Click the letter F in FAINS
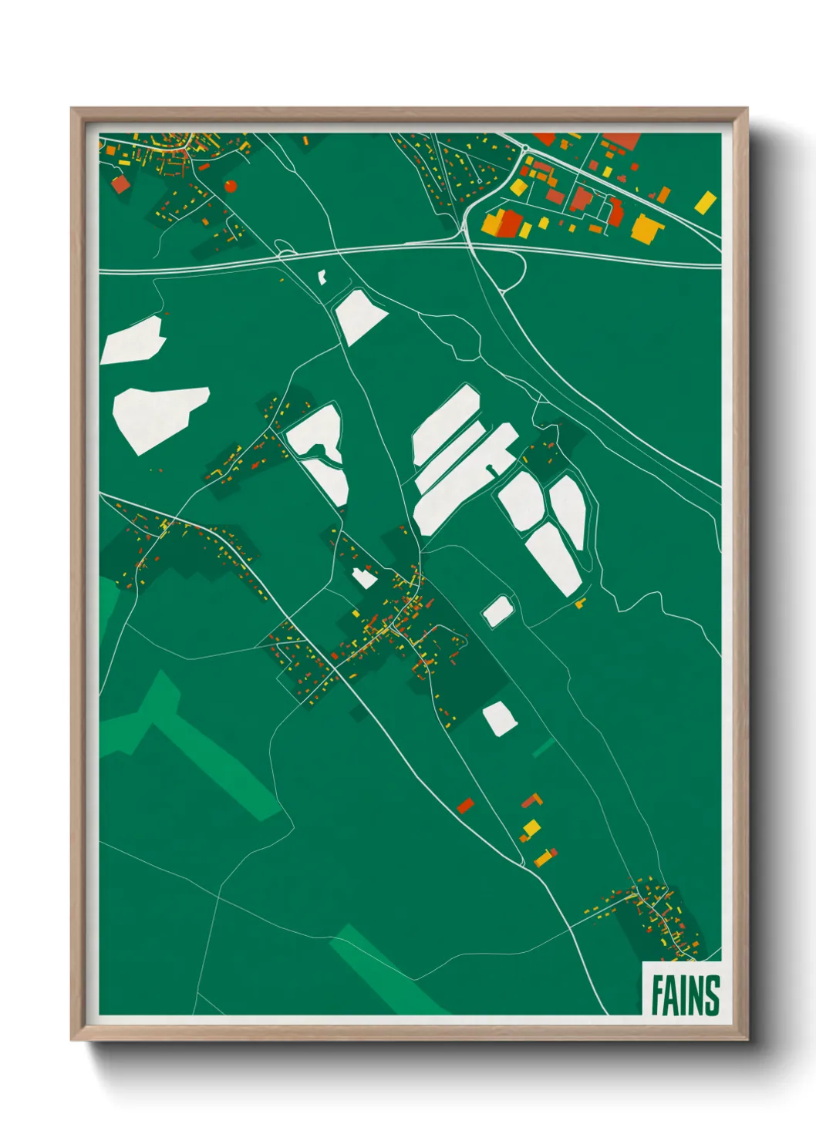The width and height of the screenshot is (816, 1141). (658, 996)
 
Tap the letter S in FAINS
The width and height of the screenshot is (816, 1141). (712, 996)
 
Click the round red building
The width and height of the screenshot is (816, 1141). (230, 186)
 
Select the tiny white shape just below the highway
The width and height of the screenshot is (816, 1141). (322, 277)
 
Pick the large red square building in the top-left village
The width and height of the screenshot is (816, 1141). (120, 184)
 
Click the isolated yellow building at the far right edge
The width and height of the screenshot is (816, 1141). (705, 203)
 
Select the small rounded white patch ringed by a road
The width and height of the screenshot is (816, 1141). (497, 611)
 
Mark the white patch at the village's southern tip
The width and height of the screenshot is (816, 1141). (499, 719)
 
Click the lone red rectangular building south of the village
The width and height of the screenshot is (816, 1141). (465, 806)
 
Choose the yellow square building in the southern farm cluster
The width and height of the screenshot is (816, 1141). (531, 829)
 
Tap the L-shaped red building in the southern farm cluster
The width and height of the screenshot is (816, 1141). (533, 800)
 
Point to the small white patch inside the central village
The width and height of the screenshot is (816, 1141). (363, 577)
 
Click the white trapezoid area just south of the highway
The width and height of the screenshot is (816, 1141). (360, 315)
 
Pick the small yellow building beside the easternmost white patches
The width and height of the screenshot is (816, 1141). (580, 603)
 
